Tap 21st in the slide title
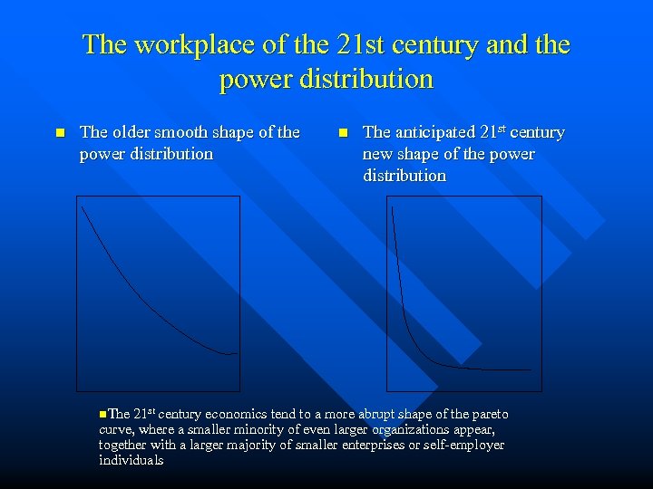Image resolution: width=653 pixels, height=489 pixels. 337,44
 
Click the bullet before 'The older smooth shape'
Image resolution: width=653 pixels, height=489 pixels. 60,132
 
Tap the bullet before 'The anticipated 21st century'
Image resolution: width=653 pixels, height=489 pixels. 343,132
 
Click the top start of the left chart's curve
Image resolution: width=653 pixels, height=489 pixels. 82,206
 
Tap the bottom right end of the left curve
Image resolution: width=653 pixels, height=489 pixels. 236,352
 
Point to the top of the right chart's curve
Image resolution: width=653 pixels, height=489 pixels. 393,207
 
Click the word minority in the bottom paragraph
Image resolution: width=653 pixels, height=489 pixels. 237,430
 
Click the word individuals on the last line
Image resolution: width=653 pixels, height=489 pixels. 132,461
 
